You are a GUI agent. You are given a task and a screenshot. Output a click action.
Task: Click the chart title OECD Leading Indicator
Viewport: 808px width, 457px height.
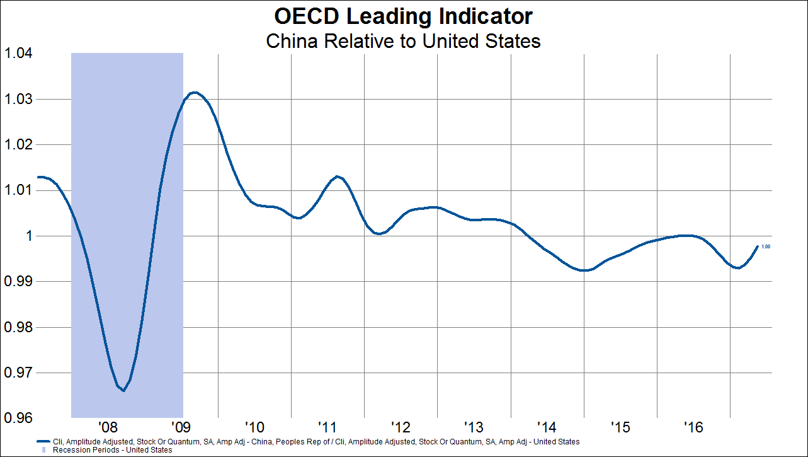[x=403, y=16]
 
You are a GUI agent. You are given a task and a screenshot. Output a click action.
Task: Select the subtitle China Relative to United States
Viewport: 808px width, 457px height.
[x=403, y=42]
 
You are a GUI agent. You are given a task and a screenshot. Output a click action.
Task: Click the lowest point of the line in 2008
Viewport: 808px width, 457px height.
[x=123, y=391]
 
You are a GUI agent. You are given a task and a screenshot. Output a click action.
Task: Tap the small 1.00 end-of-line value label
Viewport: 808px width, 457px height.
[x=766, y=247]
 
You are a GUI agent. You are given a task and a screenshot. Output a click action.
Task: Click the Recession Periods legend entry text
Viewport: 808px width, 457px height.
[x=113, y=450]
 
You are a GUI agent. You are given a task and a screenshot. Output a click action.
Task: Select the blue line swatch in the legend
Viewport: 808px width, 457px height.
[x=43, y=442]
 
